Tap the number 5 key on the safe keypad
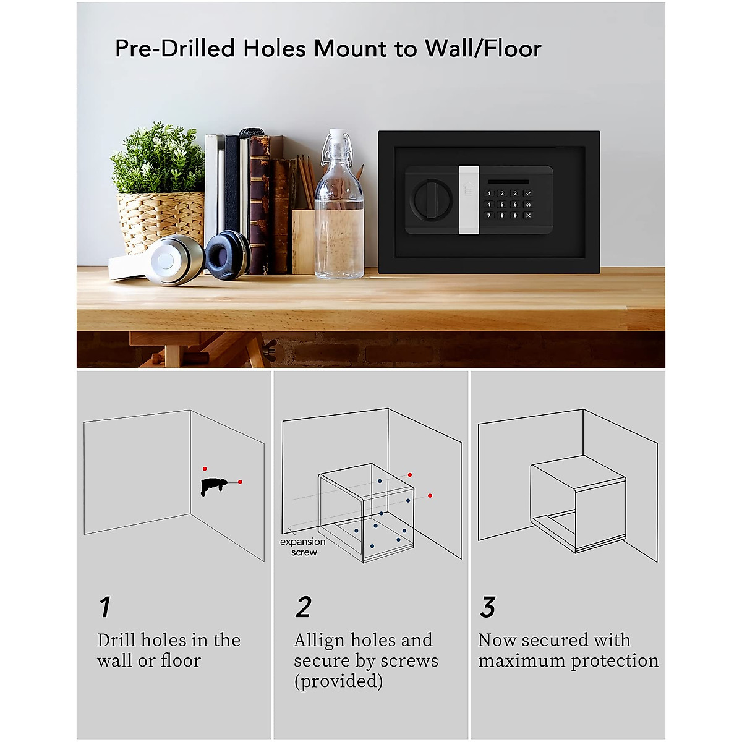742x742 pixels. pyautogui.click(x=501, y=205)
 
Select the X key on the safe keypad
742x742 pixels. pyautogui.click(x=527, y=216)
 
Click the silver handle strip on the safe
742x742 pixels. pyautogui.click(x=468, y=200)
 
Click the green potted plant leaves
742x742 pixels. pyautogui.click(x=158, y=158)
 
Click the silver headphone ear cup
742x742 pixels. pyautogui.click(x=166, y=260)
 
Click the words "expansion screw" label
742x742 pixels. pyautogui.click(x=303, y=547)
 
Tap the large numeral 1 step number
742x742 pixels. pyautogui.click(x=105, y=607)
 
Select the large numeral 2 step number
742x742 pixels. pyautogui.click(x=303, y=607)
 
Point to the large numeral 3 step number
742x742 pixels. pyautogui.click(x=488, y=607)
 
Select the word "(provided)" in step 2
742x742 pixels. pyautogui.click(x=338, y=681)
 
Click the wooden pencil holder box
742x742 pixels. pyautogui.click(x=303, y=241)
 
